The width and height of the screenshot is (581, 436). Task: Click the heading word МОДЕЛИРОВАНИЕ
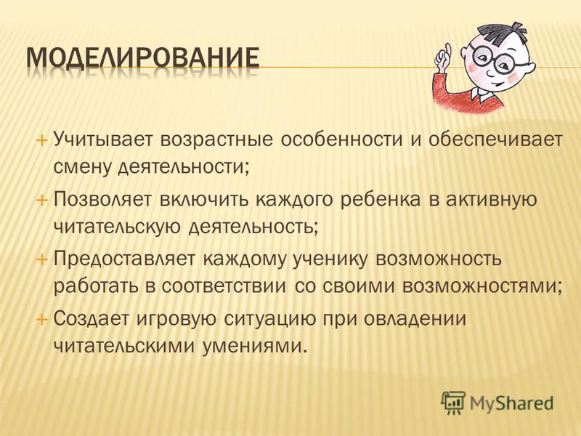pos(142,58)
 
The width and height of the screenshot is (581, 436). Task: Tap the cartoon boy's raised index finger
pos(447,52)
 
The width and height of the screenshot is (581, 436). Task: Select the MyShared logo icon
pos(453,403)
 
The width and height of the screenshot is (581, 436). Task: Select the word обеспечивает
pos(495,140)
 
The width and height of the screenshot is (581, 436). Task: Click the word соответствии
pos(224,287)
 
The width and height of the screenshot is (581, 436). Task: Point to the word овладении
pos(413,318)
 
